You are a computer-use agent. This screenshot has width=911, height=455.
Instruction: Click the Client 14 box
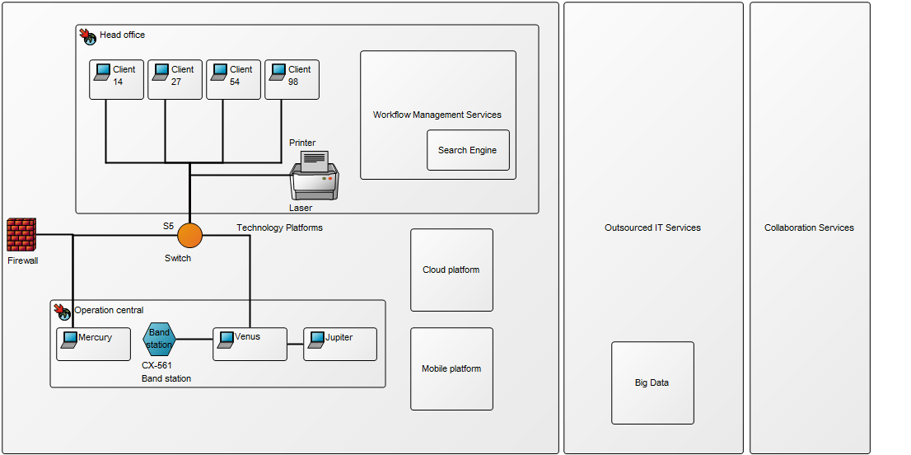click(x=117, y=79)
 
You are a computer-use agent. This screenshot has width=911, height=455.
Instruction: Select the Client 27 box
click(x=175, y=79)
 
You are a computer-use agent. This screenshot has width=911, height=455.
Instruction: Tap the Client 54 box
click(x=233, y=79)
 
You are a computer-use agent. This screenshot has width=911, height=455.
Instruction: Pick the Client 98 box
click(x=292, y=79)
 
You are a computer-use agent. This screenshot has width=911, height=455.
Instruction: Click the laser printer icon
click(x=315, y=175)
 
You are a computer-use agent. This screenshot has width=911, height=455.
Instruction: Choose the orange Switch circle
click(x=189, y=235)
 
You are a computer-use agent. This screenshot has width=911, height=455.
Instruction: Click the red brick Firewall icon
click(x=21, y=235)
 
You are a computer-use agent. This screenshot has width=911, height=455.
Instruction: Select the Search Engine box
click(x=468, y=150)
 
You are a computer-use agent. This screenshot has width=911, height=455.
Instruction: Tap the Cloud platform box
click(x=451, y=270)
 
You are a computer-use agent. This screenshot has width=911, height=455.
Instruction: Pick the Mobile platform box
click(x=451, y=368)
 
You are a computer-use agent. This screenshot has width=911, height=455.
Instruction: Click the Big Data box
click(x=652, y=382)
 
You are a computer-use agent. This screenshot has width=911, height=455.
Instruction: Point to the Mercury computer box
click(x=93, y=344)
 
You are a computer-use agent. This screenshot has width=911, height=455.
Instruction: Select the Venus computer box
click(x=250, y=344)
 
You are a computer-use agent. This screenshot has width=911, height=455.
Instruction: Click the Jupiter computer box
click(x=339, y=344)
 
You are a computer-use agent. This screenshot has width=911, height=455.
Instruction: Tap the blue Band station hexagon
click(x=159, y=339)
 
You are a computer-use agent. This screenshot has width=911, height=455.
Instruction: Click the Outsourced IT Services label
click(x=652, y=227)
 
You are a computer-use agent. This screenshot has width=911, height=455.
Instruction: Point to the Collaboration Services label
click(x=809, y=227)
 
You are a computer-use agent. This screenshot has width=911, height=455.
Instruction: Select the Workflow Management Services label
click(x=437, y=115)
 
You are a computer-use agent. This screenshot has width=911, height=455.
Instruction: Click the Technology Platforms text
click(x=279, y=227)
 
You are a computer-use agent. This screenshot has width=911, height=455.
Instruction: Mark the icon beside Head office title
click(x=88, y=35)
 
